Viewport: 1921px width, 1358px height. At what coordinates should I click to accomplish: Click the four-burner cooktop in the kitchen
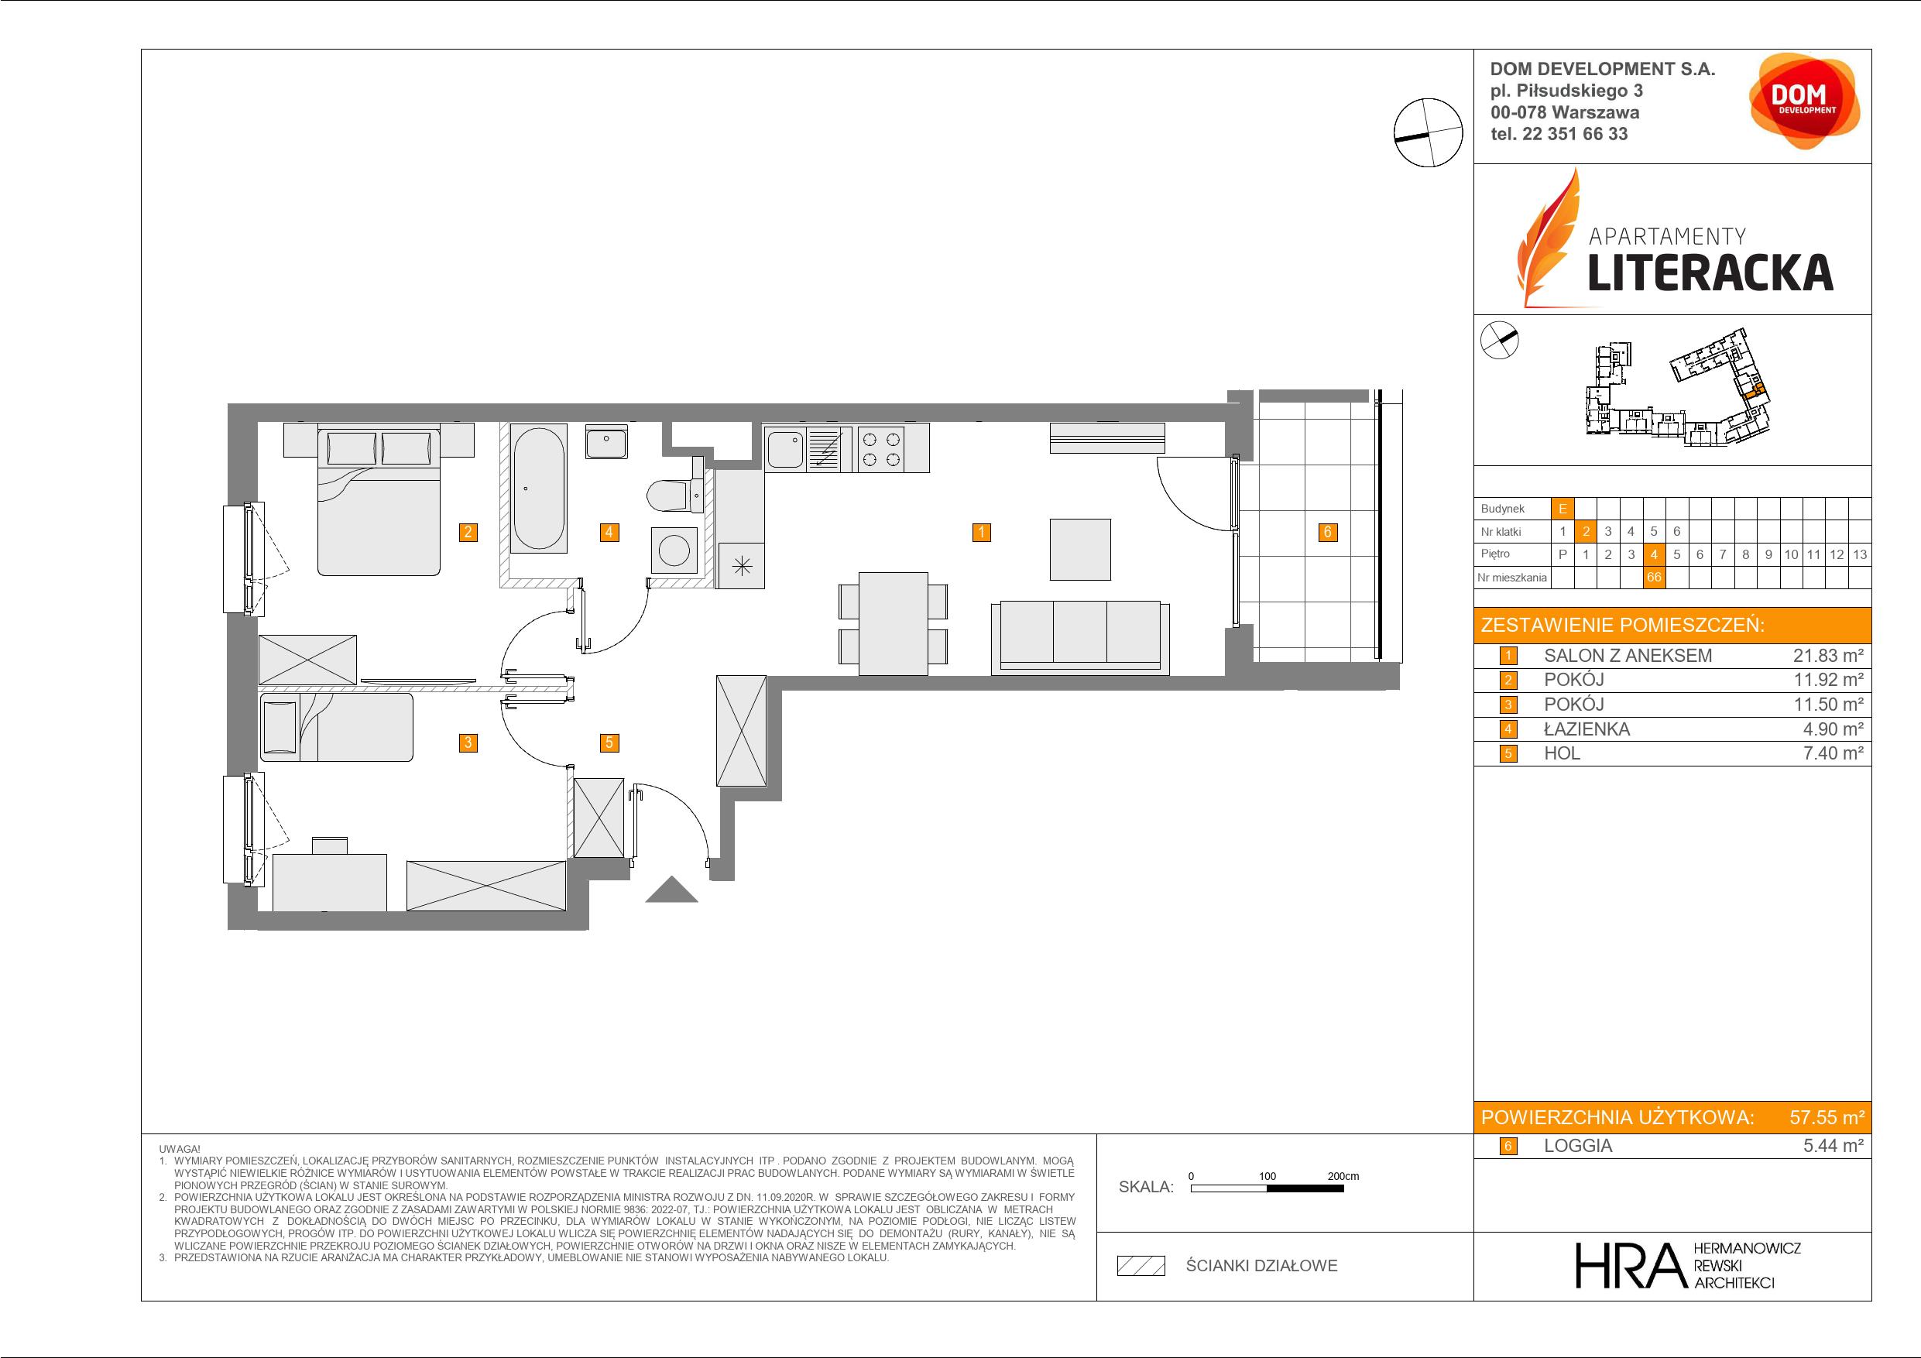(x=882, y=448)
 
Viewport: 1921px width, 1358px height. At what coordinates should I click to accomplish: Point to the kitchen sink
(x=786, y=448)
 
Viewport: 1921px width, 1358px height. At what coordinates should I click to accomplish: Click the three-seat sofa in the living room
(x=1080, y=636)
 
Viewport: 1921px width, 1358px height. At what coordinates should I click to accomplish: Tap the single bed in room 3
(x=336, y=727)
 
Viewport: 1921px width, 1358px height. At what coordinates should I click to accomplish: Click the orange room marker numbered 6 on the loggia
(x=1327, y=532)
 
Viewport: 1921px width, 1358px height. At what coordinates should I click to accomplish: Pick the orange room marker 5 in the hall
(x=609, y=742)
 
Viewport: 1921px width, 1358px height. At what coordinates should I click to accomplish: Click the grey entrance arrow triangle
(x=671, y=890)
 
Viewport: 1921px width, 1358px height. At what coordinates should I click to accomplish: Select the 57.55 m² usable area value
(x=1827, y=1117)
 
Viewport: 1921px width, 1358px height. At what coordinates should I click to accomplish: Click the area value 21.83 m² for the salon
(x=1828, y=656)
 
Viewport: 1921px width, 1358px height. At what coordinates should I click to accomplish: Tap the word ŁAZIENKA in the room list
(x=1587, y=729)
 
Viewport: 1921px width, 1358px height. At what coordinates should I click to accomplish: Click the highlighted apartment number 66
(x=1653, y=578)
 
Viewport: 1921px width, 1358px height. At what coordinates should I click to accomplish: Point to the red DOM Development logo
(x=1804, y=101)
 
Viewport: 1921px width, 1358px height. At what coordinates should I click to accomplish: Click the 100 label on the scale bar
(x=1268, y=1175)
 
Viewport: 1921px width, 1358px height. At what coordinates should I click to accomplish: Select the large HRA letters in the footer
(x=1628, y=1265)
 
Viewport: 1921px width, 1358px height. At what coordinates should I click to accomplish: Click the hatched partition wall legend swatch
(x=1141, y=1266)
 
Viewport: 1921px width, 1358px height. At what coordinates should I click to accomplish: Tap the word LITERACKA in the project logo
(x=1710, y=273)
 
